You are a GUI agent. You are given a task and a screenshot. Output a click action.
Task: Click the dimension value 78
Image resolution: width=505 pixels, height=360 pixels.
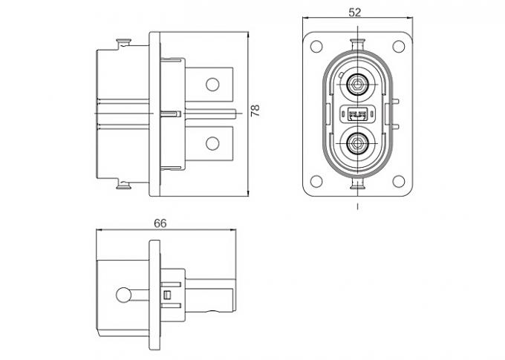(x=255, y=113)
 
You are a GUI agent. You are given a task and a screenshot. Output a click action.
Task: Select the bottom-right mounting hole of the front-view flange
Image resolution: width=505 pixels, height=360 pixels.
(x=400, y=179)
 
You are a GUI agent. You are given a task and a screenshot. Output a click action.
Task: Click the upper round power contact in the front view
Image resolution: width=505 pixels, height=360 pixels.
(x=358, y=85)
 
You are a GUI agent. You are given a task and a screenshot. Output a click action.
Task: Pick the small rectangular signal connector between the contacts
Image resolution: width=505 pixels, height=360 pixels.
(x=358, y=114)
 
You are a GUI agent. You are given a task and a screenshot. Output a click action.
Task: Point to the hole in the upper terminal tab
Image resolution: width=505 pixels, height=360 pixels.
(x=214, y=84)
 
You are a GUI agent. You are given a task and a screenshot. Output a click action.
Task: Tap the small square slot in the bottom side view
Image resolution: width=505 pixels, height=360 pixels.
(x=168, y=295)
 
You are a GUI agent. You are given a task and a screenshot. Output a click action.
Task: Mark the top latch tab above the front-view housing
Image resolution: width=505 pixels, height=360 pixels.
(x=358, y=39)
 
